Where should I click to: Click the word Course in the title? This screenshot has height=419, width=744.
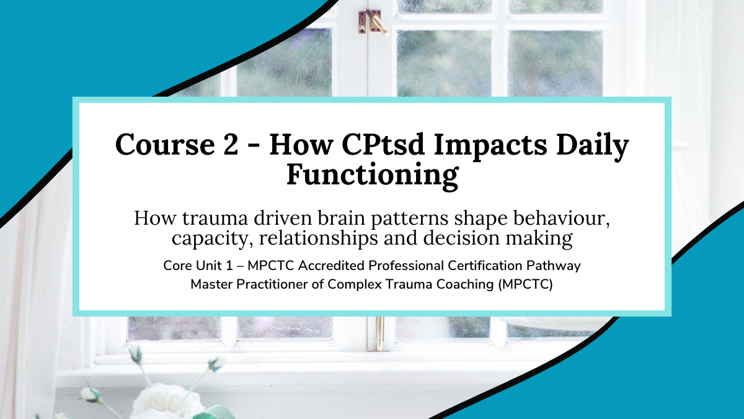tap(165, 144)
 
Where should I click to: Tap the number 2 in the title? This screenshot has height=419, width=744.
tap(231, 144)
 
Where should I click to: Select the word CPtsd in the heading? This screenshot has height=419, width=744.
tap(383, 144)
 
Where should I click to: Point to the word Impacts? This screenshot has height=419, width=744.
tap(490, 146)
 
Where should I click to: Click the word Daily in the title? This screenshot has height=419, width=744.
tap(593, 146)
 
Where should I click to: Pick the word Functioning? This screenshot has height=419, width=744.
tap(373, 176)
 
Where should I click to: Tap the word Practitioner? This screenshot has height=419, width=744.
tap(272, 284)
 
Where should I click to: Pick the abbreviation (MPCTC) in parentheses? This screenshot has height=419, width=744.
tap(526, 285)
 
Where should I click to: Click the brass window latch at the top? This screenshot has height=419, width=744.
tap(373, 22)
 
